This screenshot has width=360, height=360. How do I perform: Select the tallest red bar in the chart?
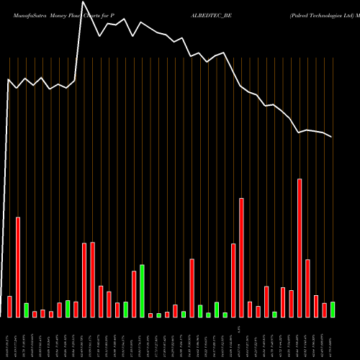click(300, 248)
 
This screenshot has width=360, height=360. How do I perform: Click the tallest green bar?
click(143, 291)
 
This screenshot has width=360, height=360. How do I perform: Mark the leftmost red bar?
click(9, 307)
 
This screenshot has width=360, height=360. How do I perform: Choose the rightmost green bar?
click(333, 310)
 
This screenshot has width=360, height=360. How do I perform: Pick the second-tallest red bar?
click(242, 257)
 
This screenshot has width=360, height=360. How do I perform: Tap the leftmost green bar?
click(26, 310)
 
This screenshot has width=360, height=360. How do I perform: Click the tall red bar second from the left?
click(18, 267)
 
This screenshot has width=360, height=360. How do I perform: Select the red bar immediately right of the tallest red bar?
click(307, 288)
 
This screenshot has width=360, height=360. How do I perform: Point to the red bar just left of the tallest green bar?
click(134, 294)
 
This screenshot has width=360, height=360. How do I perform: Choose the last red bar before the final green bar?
click(324, 310)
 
